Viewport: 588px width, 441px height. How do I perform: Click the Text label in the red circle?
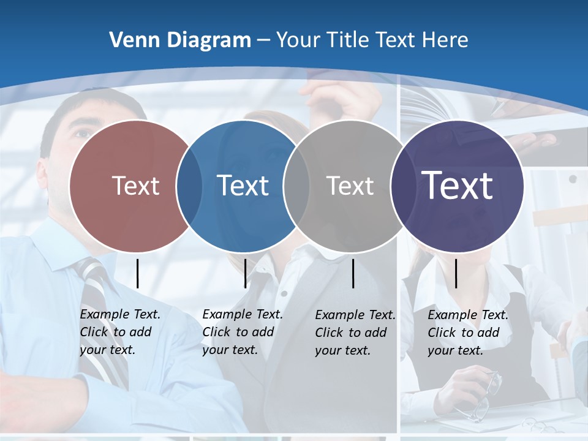[x=135, y=186]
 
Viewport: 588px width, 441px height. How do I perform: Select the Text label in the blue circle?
[x=243, y=186]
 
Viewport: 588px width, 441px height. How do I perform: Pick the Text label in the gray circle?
[x=350, y=186]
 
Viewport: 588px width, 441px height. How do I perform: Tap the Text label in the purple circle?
[x=457, y=185]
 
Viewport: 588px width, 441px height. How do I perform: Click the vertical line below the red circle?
[x=137, y=273]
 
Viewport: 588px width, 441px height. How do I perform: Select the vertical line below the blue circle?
[x=245, y=273]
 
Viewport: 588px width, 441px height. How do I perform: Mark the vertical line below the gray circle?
[x=353, y=273]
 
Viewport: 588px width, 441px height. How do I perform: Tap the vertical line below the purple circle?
[x=456, y=273]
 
